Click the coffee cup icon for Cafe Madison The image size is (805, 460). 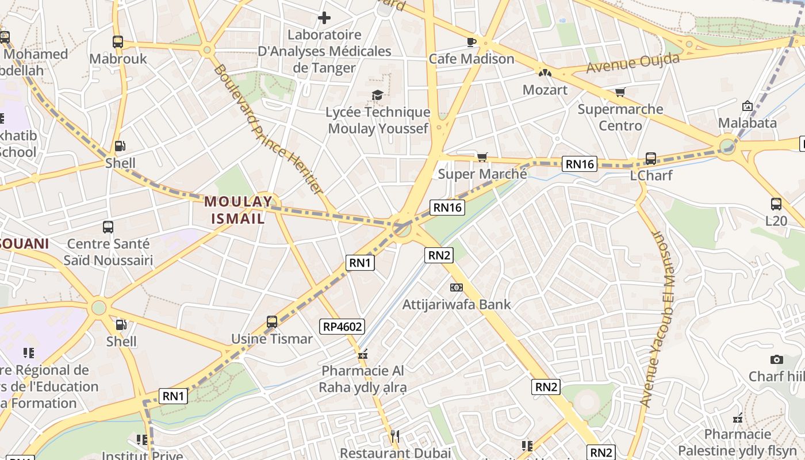471,41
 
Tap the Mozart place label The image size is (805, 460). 545,90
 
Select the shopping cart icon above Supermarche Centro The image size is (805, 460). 620,92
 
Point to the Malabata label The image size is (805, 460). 747,122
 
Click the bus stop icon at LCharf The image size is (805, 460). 651,158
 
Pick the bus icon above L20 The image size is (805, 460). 776,204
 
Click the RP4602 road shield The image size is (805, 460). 343,327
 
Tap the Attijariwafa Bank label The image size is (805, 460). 457,304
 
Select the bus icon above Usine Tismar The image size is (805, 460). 272,322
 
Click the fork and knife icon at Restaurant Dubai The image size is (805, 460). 394,436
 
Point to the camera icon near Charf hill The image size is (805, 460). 777,359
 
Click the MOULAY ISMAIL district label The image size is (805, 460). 238,210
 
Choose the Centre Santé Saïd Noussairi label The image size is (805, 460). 108,252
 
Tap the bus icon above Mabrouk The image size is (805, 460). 118,41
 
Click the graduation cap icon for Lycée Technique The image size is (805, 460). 377,95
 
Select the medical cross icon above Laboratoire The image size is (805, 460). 324,18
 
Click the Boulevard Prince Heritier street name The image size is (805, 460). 268,129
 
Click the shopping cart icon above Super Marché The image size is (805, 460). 482,157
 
